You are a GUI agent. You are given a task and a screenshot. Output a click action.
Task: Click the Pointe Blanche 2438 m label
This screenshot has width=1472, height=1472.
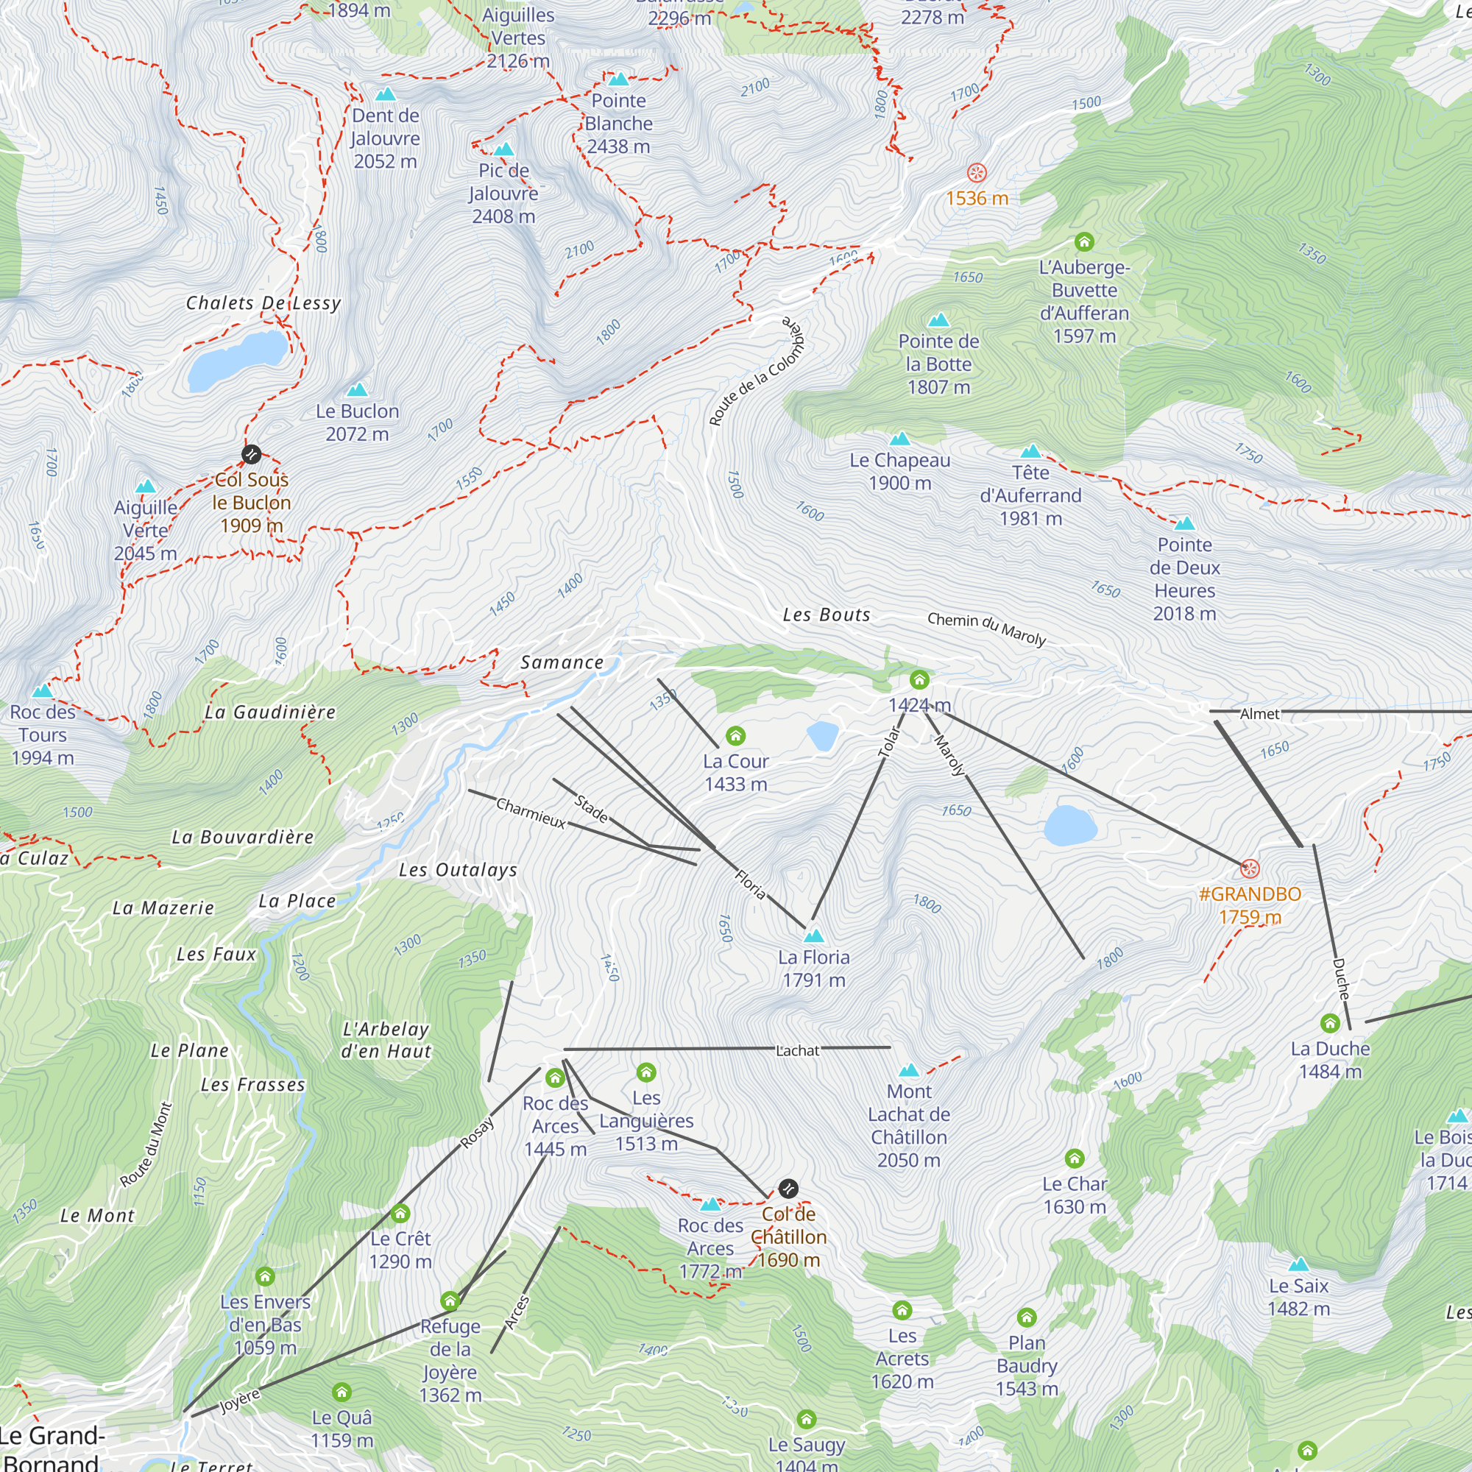(x=618, y=124)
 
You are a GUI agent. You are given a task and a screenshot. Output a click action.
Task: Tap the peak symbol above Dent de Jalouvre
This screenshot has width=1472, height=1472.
(x=386, y=94)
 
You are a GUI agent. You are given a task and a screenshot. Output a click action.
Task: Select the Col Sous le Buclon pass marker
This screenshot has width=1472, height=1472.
(x=252, y=455)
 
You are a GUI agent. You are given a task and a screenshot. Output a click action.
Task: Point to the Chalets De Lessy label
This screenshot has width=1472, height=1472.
(x=263, y=303)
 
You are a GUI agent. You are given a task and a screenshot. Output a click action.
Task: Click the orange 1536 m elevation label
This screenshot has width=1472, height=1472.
(x=977, y=198)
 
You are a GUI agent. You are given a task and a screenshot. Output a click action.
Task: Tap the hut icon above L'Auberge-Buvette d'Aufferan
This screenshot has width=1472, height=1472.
(x=1084, y=242)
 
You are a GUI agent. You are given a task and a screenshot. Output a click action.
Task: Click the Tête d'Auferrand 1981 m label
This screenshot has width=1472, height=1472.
(x=1030, y=495)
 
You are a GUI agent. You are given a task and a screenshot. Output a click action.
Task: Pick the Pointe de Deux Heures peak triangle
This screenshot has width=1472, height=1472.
(x=1184, y=523)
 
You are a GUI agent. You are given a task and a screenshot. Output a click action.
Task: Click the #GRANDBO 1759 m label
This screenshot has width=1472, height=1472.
(x=1250, y=905)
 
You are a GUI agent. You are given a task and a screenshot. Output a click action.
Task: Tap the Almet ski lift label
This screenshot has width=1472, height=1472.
(x=1259, y=714)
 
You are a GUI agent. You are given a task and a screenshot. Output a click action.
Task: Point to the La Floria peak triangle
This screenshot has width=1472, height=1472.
(x=814, y=935)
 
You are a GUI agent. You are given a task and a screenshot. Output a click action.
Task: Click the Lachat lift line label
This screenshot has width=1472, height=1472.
(x=797, y=1050)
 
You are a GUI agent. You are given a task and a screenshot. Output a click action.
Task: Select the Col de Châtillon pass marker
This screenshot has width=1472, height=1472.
(x=788, y=1188)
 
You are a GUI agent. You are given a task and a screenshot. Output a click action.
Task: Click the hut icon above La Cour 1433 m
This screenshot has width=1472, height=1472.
(x=735, y=735)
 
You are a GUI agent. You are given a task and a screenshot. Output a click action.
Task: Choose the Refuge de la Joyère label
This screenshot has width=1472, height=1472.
(x=450, y=1360)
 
